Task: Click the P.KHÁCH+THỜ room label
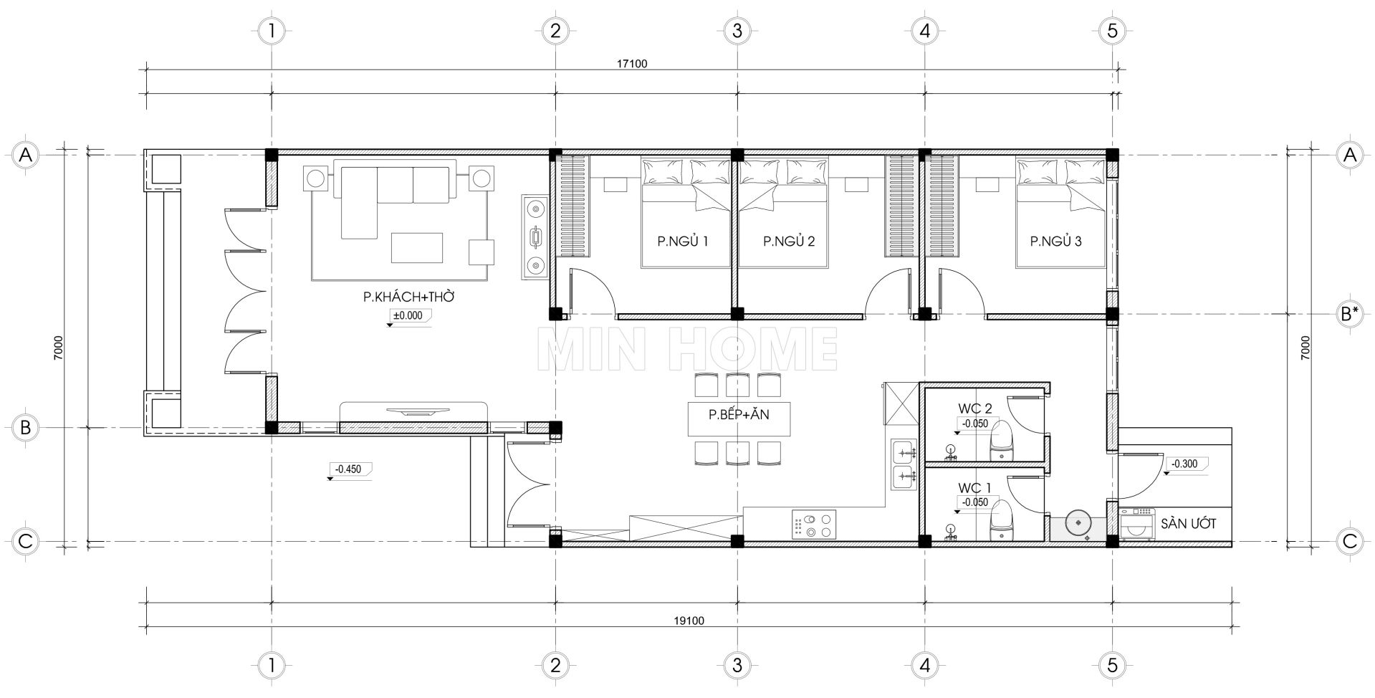[409, 297]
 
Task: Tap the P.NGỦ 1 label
[683, 242]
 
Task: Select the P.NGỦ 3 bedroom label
[1055, 242]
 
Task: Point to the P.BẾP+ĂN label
[739, 414]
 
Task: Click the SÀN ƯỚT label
[1188, 524]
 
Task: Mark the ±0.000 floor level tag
[407, 315]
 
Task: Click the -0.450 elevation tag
[348, 469]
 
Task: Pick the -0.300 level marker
[1184, 464]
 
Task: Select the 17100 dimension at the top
[632, 64]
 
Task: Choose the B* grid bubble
[1350, 313]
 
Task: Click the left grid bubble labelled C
[26, 541]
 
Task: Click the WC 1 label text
[975, 488]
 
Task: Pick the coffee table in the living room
[417, 247]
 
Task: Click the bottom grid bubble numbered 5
[1111, 665]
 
